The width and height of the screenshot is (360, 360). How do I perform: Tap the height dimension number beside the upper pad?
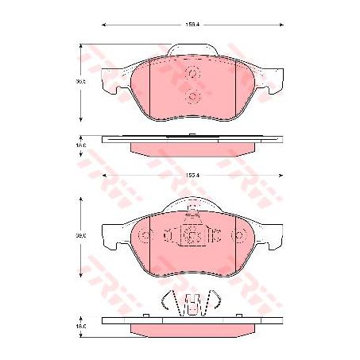(80, 81)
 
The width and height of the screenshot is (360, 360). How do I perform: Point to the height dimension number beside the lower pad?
(80, 235)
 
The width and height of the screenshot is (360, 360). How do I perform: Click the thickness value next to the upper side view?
(80, 146)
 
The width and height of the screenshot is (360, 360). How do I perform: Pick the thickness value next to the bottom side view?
(80, 325)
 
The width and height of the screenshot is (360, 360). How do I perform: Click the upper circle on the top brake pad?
(192, 73)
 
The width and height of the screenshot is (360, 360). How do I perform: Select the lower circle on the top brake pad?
(192, 98)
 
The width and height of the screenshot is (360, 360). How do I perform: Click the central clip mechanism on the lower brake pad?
(192, 234)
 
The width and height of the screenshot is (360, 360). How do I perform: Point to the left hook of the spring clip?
(167, 300)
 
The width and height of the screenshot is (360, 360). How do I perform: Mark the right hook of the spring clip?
(215, 300)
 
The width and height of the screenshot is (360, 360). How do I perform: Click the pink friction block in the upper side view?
(192, 149)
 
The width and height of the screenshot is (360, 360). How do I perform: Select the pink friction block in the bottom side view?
(192, 328)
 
